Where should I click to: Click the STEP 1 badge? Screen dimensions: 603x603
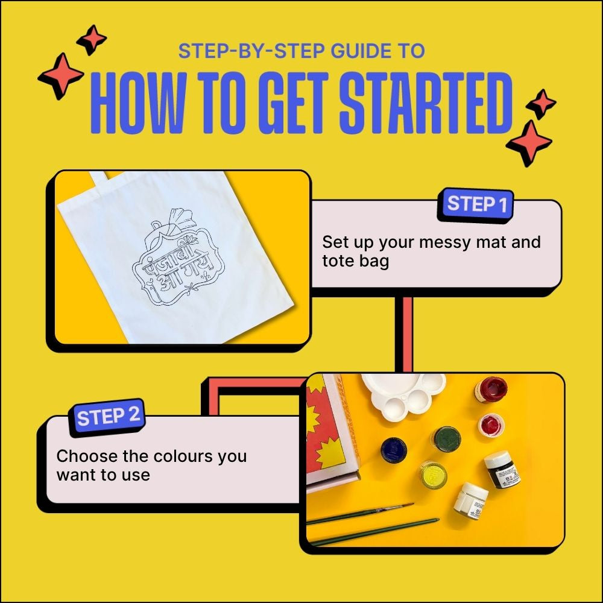click(x=475, y=205)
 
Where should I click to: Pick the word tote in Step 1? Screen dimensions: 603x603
click(x=338, y=261)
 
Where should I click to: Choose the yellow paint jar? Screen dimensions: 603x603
click(x=432, y=474)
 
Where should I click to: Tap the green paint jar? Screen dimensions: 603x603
click(x=446, y=440)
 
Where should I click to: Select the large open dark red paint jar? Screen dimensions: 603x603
click(x=491, y=389)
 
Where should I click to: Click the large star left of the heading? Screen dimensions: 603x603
click(x=61, y=76)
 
